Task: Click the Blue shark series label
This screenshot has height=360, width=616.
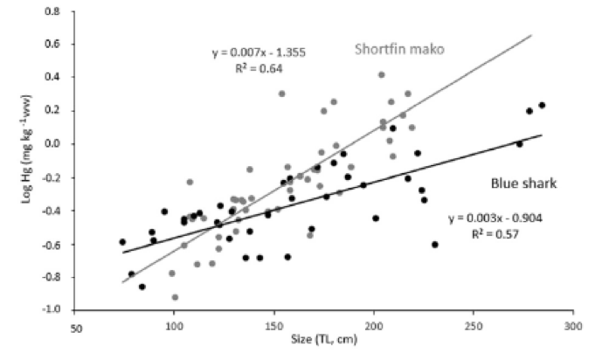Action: coord(522,183)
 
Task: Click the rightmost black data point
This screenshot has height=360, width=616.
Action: coord(542,106)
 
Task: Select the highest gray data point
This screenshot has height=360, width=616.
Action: coord(382,75)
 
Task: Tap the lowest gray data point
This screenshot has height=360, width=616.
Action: coord(176,297)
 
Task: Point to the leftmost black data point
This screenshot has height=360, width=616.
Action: coord(122,242)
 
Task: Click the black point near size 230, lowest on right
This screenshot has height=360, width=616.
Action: coord(434,245)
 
